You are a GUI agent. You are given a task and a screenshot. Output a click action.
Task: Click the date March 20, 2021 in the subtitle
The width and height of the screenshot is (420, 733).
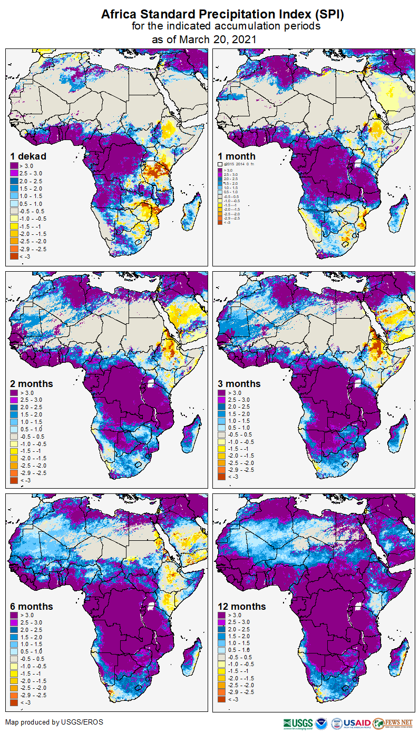pos(217,39)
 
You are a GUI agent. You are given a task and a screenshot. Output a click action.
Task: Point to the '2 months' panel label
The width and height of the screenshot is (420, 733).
pos(32,383)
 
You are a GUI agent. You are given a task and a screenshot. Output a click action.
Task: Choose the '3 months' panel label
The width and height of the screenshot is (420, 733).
pos(240,383)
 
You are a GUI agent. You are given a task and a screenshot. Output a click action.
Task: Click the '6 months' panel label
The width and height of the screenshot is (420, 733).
pos(32,607)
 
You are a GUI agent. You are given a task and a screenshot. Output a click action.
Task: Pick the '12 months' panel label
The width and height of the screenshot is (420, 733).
pos(242,607)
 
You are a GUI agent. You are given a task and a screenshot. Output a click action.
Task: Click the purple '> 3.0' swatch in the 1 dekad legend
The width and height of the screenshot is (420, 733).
pos(14,165)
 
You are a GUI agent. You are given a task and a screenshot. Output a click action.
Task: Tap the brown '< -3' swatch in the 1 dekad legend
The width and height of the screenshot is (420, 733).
pos(14,256)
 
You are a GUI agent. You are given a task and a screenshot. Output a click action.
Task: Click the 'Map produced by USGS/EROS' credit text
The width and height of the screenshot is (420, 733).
pos(54,722)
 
